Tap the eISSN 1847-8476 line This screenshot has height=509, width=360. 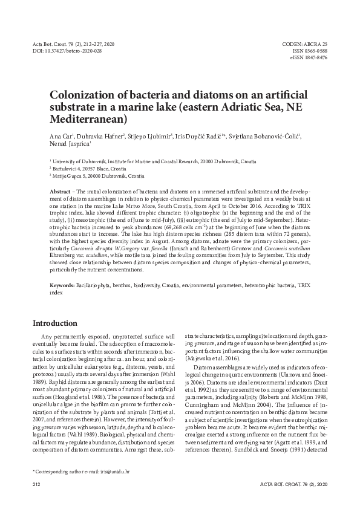pyautogui.click(x=309, y=58)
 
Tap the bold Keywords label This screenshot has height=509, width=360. pyautogui.click(x=62, y=284)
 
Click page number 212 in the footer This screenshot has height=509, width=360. pyautogui.click(x=36, y=485)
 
